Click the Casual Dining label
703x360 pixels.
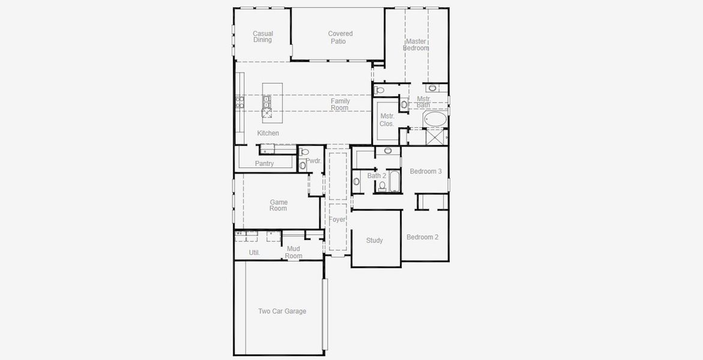click(x=262, y=37)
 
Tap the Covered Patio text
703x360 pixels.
click(x=340, y=37)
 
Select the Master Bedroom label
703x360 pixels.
click(x=415, y=44)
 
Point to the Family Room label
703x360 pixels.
click(x=340, y=104)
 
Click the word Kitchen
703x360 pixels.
click(x=268, y=133)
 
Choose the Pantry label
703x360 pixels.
click(x=264, y=164)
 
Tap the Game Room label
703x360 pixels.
click(x=278, y=205)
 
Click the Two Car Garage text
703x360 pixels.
click(x=282, y=311)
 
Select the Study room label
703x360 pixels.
click(x=375, y=241)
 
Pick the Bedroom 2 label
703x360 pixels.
click(x=422, y=237)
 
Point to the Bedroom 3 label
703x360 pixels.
click(x=426, y=172)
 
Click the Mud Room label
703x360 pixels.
click(x=293, y=253)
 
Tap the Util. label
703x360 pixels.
click(x=255, y=253)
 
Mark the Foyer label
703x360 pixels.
click(x=337, y=220)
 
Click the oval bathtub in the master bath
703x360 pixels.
click(x=435, y=119)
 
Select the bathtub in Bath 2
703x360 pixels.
click(x=394, y=181)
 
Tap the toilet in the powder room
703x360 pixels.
click(x=304, y=152)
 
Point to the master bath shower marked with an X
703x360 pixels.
click(x=435, y=137)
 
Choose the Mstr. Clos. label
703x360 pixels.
click(x=387, y=120)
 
